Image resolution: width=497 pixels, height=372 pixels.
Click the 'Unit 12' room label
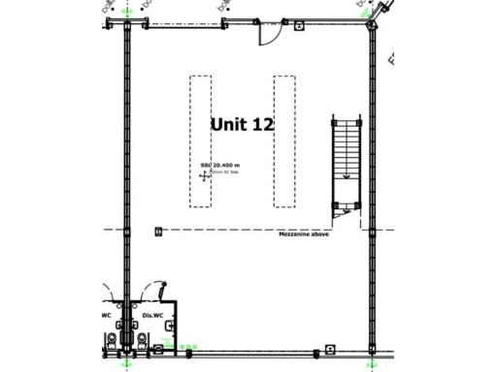click(243, 124)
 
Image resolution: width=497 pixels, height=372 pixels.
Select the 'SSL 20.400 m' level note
click(219, 167)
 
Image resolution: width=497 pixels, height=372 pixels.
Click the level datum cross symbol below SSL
click(204, 176)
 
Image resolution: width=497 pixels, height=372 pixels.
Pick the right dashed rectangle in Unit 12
click(284, 141)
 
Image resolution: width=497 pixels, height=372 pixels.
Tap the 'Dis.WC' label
click(150, 315)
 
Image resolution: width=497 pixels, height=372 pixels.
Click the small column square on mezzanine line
click(157, 231)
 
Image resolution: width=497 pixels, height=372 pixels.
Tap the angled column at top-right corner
click(374, 27)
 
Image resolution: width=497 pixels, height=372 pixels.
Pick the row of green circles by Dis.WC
click(180, 347)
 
